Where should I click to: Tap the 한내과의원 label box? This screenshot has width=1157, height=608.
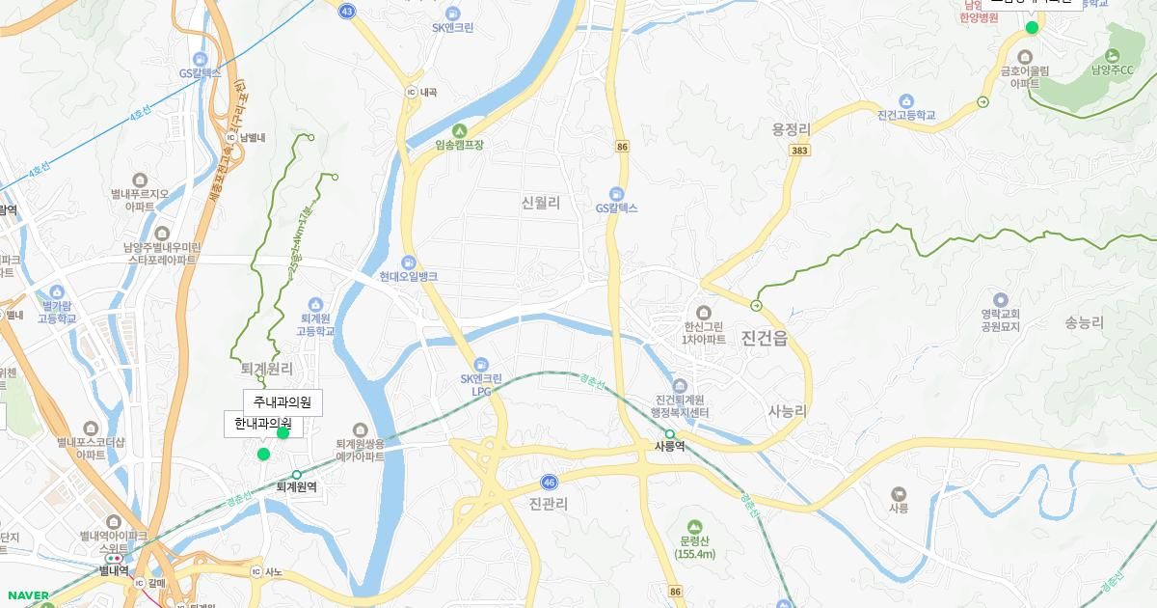click(262, 424)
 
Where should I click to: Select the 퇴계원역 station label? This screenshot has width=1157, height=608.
click(296, 487)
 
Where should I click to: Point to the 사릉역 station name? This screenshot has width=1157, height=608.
click(669, 447)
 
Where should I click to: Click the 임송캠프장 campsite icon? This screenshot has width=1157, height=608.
click(459, 131)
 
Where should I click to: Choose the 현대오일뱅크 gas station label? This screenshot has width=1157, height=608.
click(408, 276)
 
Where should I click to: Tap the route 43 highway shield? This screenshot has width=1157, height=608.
click(347, 10)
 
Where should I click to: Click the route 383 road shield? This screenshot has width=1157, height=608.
click(798, 152)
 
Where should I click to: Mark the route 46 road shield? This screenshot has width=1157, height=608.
click(549, 482)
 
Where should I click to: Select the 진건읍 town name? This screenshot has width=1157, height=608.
click(765, 338)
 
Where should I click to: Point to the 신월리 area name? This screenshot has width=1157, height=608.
click(540, 203)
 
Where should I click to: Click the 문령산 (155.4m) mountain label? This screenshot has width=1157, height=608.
click(694, 547)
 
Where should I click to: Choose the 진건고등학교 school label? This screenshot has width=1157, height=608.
click(906, 115)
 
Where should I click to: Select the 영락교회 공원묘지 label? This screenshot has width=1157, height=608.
click(1000, 319)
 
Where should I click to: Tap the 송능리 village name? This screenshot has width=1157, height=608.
click(1084, 323)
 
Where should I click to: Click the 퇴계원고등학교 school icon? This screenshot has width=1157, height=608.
click(315, 305)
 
